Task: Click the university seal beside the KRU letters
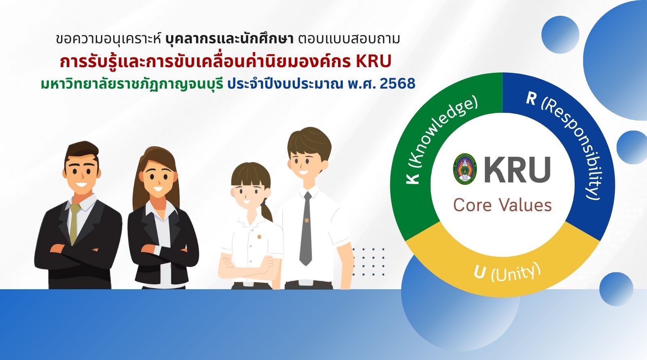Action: [x=465, y=169]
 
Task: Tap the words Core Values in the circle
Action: [x=502, y=205]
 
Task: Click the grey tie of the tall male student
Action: [x=306, y=228]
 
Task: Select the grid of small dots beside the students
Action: [x=368, y=262]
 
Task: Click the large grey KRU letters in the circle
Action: [x=517, y=169]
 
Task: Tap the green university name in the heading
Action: [x=132, y=84]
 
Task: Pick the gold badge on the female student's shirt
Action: [x=259, y=237]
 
